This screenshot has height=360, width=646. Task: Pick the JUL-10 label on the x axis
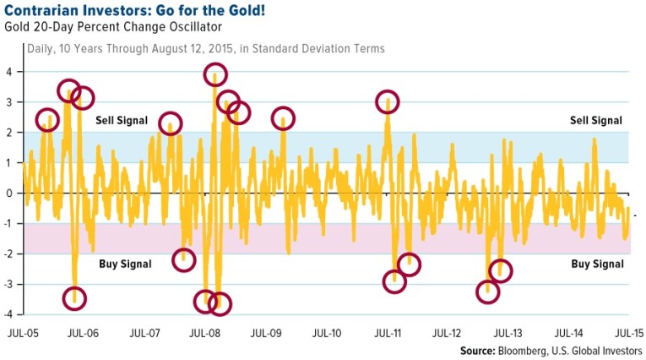(x=327, y=333)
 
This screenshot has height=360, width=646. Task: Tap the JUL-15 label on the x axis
(x=627, y=333)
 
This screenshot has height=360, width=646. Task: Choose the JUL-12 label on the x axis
(x=448, y=333)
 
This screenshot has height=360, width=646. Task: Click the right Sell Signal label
(x=597, y=121)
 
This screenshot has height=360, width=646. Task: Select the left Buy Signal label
(x=125, y=265)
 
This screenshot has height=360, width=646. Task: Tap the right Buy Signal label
(x=597, y=265)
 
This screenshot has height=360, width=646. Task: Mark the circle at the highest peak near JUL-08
(x=218, y=74)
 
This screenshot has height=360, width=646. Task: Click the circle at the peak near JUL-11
(x=387, y=102)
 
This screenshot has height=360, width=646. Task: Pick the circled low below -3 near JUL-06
(x=74, y=297)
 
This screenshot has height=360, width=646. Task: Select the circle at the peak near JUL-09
(x=283, y=119)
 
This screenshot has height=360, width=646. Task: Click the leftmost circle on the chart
(x=48, y=119)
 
